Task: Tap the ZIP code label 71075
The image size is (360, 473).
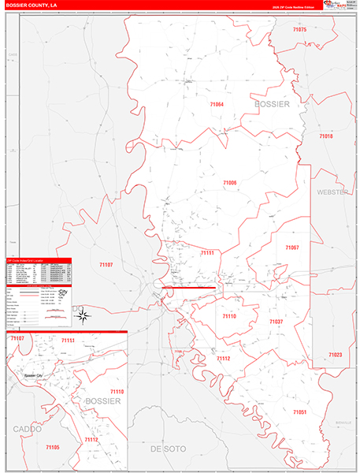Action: click(299, 29)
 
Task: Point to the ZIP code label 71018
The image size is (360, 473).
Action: click(325, 136)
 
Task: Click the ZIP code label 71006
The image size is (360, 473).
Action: click(229, 183)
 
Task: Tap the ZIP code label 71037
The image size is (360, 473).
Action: click(276, 322)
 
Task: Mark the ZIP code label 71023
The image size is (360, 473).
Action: click(336, 355)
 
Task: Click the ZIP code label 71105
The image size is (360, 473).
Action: click(52, 447)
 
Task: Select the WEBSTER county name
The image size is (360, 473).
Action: click(332, 192)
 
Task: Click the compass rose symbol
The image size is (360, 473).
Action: click(83, 315)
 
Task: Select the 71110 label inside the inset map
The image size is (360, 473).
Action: click(117, 392)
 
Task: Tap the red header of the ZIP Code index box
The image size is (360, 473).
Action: click(38, 259)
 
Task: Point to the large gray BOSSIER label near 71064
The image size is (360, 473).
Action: click(273, 104)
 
